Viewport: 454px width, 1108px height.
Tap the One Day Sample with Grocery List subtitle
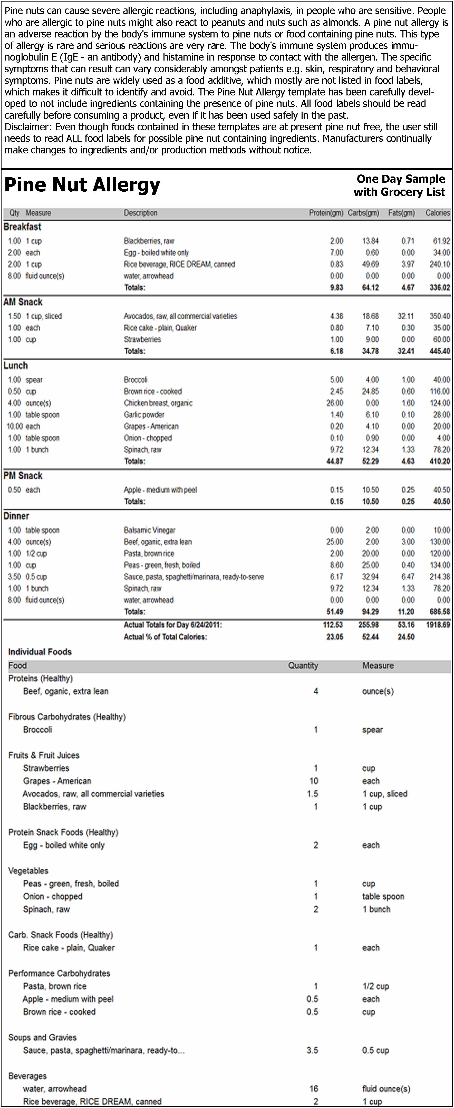[x=400, y=185]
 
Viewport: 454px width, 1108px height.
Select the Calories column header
[x=437, y=213]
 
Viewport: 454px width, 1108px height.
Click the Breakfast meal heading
[x=22, y=227]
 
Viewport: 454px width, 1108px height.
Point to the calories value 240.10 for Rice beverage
[x=439, y=264]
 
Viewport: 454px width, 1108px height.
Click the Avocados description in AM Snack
[x=180, y=316]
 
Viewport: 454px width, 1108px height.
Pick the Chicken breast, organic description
[x=158, y=403]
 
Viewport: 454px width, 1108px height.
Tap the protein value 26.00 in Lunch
[x=335, y=403]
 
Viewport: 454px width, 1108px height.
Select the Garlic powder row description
[x=144, y=415]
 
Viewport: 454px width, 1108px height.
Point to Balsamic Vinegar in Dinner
[x=149, y=530]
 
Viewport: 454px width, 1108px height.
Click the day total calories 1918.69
[x=438, y=624]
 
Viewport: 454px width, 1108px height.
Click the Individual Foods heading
[x=40, y=652]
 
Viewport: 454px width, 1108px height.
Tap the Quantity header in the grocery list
[x=303, y=665]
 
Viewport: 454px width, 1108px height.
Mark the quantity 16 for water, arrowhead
[x=314, y=1089]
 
